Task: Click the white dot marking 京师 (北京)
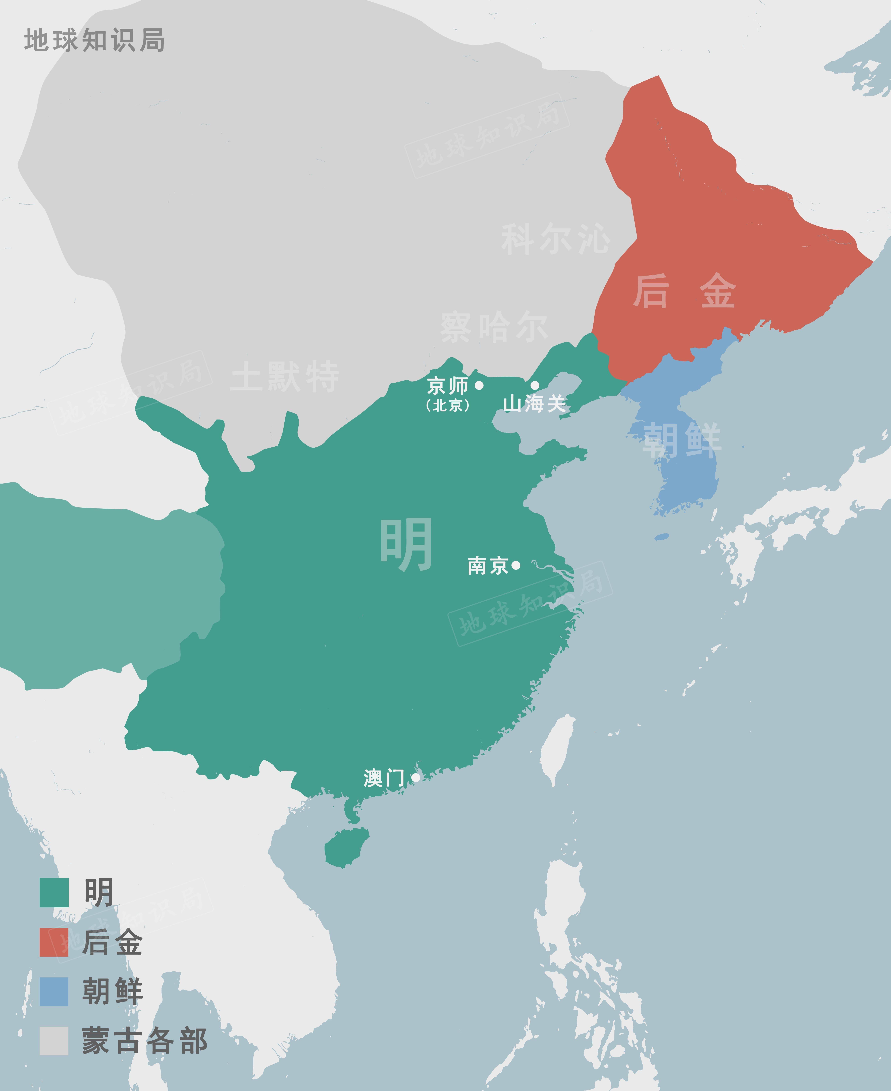tap(479, 385)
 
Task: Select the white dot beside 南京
tap(516, 565)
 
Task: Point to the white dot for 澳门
tap(416, 777)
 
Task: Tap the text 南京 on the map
tap(488, 565)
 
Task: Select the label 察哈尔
tap(494, 327)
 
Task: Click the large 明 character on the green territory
tap(405, 544)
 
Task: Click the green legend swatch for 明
tap(54, 893)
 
